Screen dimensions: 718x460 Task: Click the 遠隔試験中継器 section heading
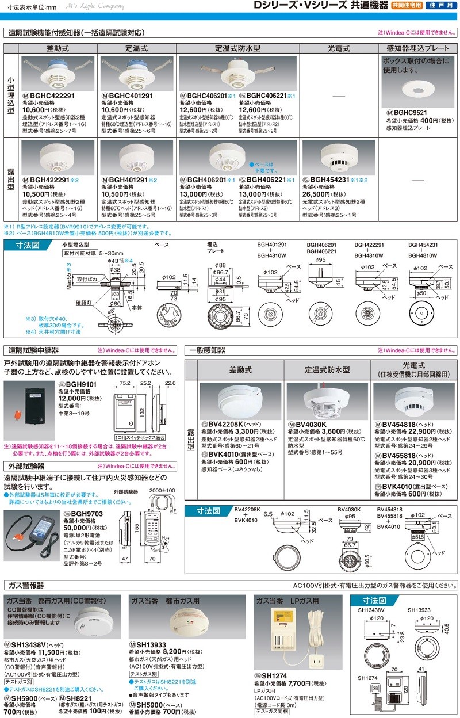coord(33,350)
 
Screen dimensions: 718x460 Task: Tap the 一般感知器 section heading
coord(208,350)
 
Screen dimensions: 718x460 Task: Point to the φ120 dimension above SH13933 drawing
coord(427,618)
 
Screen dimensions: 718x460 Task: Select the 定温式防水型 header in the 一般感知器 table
coord(327,370)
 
